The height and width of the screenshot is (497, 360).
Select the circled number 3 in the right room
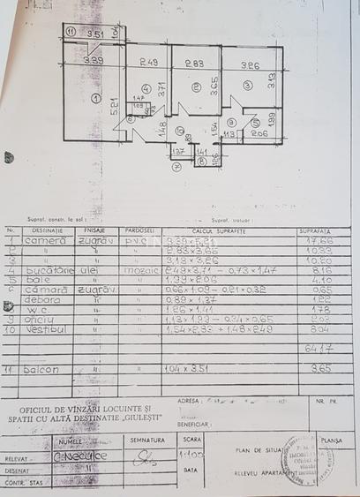(x=249, y=85)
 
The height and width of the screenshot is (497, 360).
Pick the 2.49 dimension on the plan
(x=147, y=62)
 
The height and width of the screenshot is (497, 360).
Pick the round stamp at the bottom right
(x=306, y=456)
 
